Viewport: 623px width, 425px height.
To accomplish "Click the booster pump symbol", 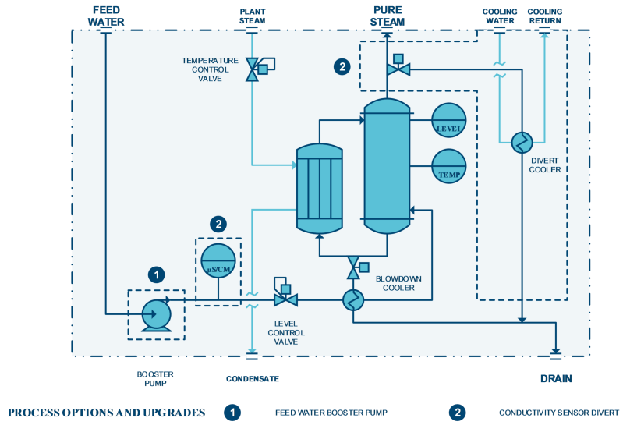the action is [157, 315].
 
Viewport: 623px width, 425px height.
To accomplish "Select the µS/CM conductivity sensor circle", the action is [218, 261].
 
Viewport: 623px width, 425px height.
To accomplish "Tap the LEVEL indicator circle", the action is [448, 120].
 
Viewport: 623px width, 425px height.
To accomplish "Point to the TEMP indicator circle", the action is [448, 166].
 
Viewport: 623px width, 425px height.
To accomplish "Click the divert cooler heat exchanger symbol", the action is [522, 142].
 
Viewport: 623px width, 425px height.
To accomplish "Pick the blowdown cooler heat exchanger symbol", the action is [352, 300].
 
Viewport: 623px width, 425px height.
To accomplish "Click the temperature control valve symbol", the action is [257, 69].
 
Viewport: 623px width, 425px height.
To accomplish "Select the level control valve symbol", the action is [285, 295].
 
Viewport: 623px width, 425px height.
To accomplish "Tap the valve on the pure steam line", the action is [398, 66].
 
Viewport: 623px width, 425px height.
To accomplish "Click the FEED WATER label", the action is [106, 16].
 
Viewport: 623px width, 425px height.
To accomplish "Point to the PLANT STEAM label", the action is [253, 16].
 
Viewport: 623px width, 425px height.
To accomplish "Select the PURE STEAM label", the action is [388, 16].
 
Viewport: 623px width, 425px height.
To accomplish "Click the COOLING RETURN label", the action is [545, 16].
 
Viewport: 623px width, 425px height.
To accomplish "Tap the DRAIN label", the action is [556, 378].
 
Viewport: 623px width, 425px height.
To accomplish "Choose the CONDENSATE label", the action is [253, 379].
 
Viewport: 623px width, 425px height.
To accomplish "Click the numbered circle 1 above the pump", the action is [156, 274].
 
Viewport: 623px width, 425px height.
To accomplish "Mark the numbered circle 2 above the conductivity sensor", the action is [218, 225].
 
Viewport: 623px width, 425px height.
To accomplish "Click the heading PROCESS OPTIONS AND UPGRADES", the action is [107, 413].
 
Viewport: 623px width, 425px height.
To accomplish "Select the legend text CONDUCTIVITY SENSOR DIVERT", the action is [559, 413].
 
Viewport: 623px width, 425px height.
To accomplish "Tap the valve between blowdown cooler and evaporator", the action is [357, 268].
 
